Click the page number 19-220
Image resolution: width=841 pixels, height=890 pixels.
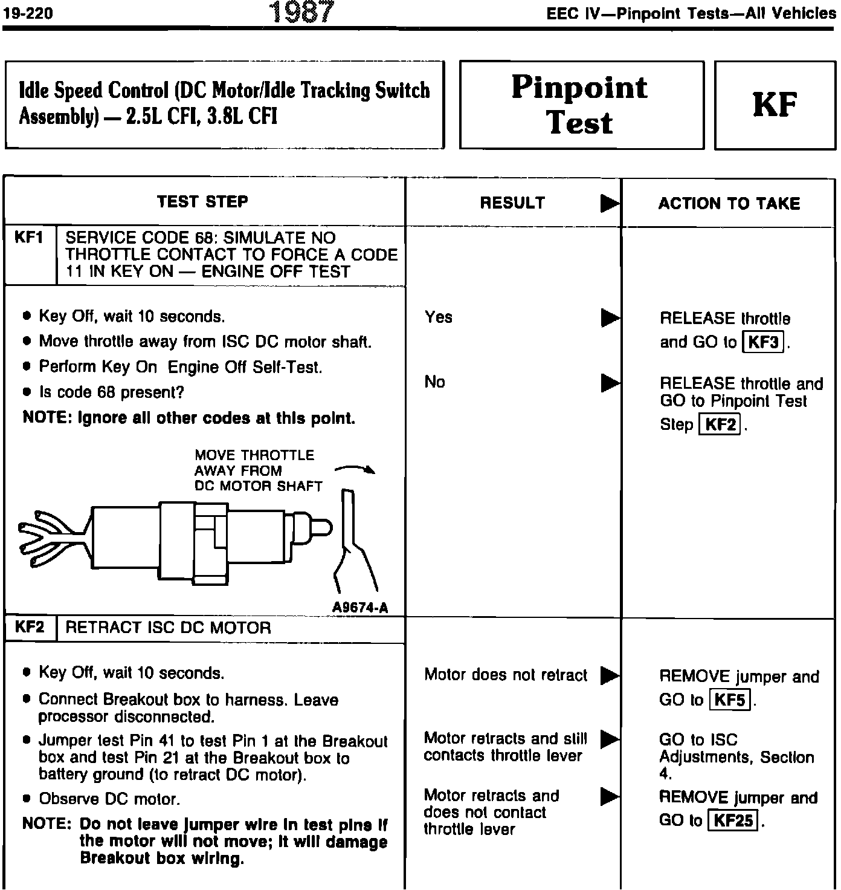coord(28,13)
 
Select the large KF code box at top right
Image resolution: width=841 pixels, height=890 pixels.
coord(775,105)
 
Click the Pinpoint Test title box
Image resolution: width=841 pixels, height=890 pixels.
coord(581,105)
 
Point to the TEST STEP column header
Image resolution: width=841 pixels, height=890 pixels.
coord(202,201)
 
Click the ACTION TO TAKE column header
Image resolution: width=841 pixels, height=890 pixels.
coord(729,203)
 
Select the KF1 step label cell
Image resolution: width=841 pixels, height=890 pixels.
coord(30,238)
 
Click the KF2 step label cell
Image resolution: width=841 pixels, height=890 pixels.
coord(30,627)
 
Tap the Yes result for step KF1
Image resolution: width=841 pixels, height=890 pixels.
coord(439,317)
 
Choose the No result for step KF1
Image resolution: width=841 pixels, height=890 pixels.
coord(435,382)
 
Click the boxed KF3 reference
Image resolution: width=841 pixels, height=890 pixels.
coord(763,342)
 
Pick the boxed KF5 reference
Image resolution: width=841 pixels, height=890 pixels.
coord(729,700)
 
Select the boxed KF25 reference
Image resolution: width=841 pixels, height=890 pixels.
coord(734,820)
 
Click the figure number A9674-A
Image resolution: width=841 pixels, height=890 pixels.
coord(360,608)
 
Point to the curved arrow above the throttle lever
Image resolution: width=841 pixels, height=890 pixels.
coord(356,469)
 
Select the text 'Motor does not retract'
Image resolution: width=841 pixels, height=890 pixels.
coord(506,675)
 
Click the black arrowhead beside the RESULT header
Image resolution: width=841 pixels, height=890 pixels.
coord(609,204)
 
